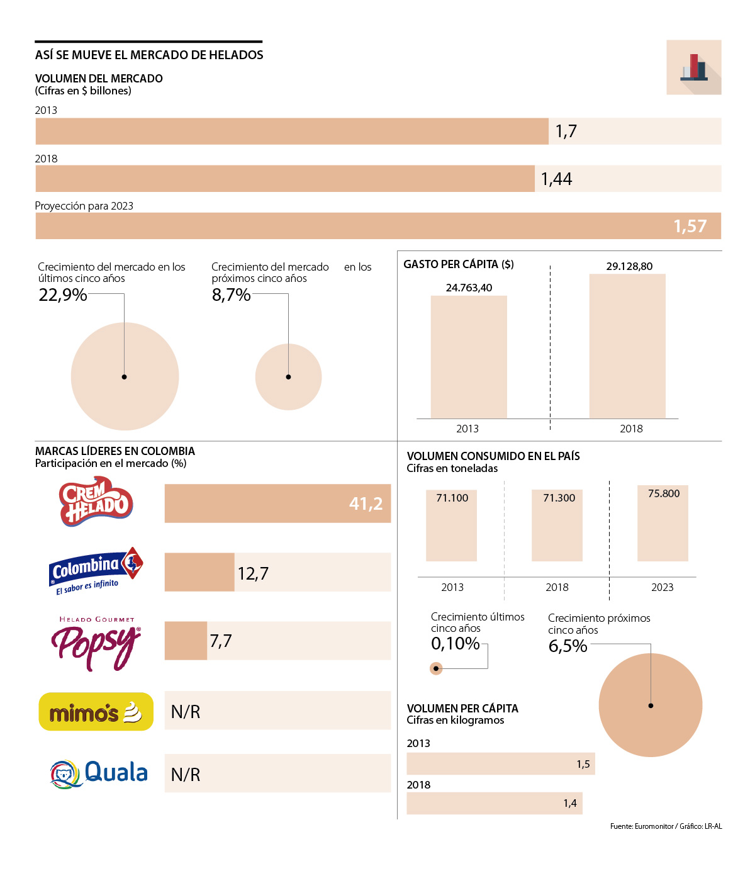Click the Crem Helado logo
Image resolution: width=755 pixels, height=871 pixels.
point(96,502)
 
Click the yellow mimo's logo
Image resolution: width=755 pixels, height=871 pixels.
point(96,712)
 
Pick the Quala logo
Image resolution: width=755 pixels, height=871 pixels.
point(99,773)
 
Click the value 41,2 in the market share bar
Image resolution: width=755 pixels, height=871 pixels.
point(366,503)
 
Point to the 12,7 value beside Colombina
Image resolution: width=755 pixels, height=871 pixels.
point(253,573)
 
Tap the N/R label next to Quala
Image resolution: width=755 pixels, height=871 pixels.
point(186,775)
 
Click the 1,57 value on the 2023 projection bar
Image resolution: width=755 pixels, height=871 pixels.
point(690,226)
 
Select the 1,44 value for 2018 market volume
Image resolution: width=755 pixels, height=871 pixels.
point(556,179)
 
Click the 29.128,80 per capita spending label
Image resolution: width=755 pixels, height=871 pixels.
point(629,266)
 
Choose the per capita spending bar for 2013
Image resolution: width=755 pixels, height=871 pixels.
point(469,357)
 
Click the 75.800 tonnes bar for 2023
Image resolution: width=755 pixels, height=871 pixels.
point(663,523)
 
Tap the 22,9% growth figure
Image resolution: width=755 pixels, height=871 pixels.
point(63,295)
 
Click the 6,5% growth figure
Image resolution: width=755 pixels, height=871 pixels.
point(568,646)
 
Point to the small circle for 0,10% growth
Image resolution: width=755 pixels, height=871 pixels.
point(436,668)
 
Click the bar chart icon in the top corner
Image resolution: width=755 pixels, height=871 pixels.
point(693,67)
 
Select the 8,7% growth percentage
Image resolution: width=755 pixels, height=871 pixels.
point(231,295)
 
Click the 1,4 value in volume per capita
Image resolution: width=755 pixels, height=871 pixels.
point(570,803)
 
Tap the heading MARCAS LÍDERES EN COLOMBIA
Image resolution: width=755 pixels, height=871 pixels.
point(115,451)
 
